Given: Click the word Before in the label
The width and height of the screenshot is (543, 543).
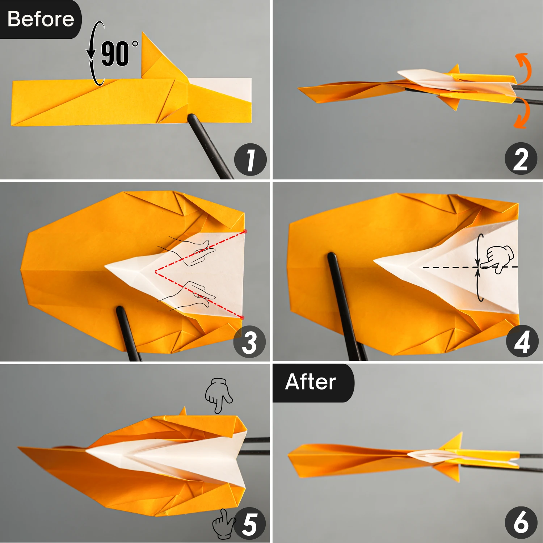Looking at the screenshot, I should (x=41, y=19).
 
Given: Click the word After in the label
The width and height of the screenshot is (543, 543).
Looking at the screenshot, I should (x=311, y=382).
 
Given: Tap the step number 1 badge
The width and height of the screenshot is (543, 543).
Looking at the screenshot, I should (x=250, y=160).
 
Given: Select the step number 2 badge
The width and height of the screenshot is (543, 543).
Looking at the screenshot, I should (x=521, y=159).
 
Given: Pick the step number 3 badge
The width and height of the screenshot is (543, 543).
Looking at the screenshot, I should (x=249, y=342).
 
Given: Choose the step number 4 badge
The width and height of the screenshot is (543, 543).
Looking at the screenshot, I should (x=522, y=341).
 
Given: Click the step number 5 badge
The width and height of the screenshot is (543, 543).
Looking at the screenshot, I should (x=250, y=524).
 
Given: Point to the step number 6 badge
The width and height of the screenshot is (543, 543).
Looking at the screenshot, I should (x=521, y=522).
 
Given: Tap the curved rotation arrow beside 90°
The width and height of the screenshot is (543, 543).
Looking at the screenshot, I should (x=94, y=54).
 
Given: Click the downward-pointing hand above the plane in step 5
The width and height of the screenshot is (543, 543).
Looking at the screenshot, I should (x=218, y=395).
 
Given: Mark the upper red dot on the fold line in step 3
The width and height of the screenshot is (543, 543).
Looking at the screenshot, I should (x=245, y=231).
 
